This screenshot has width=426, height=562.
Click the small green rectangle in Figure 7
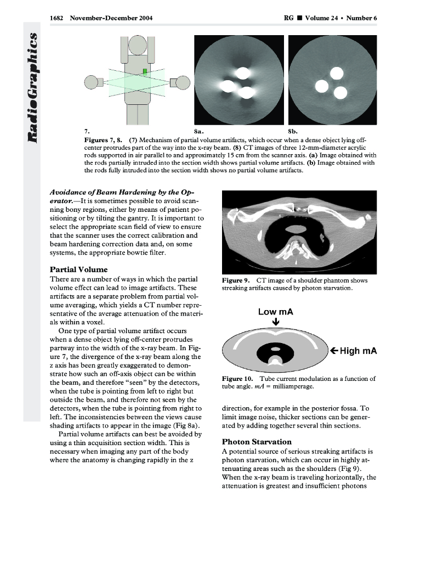145,72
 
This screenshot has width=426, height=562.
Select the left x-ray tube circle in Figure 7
90,83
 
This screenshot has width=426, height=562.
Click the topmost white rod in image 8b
336,73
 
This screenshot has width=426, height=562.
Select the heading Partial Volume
78,270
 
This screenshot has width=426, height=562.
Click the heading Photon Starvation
256,442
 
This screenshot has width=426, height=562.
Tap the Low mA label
275,312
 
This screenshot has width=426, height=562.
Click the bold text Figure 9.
236,281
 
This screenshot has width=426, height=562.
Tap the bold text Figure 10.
237,379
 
